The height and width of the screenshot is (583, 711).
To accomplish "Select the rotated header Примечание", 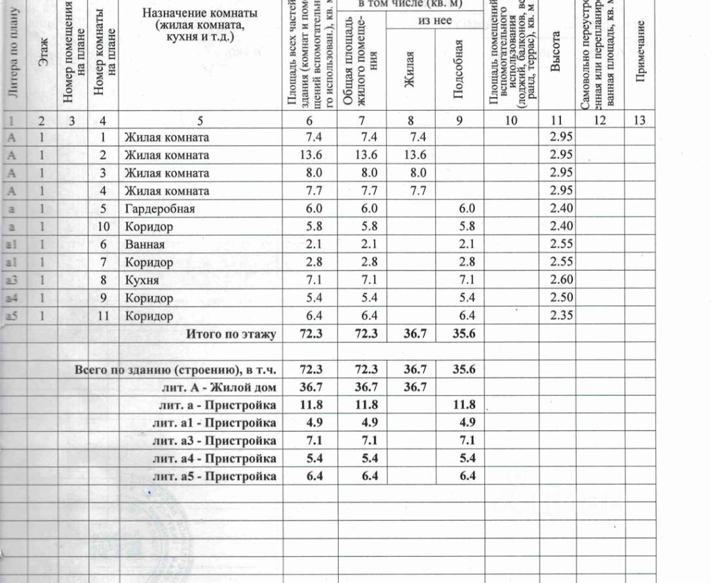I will (641, 52).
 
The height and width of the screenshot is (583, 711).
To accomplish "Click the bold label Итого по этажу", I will (231, 334).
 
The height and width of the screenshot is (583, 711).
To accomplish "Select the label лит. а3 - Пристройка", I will (214, 440).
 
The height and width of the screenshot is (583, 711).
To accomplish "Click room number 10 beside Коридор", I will (103, 227).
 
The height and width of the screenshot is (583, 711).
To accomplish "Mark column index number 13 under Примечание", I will (640, 120).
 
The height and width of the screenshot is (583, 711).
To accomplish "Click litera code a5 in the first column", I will (12, 316).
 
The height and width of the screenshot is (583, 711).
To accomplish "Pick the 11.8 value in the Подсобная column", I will (464, 405).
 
